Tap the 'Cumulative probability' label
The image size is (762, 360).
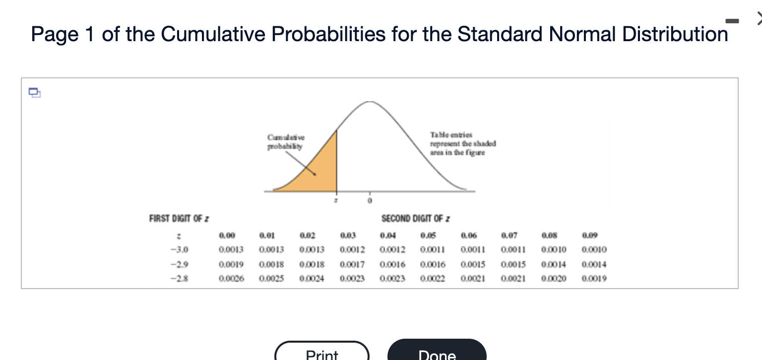[286, 142]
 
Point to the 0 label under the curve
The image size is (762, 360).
[369, 201]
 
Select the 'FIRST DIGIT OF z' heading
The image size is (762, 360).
[179, 218]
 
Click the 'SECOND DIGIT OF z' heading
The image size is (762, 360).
[416, 218]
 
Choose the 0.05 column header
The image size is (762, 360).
[428, 236]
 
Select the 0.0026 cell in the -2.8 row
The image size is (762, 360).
[231, 279]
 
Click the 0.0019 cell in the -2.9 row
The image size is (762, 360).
[231, 264]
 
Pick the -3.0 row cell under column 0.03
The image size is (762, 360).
[352, 249]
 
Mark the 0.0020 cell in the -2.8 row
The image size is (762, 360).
[554, 279]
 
